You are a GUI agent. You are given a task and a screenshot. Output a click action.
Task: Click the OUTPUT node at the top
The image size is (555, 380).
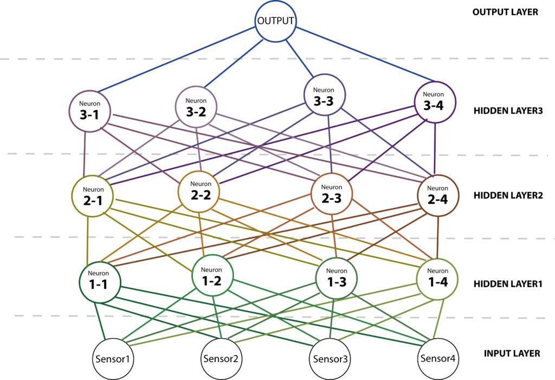pyautogui.click(x=275, y=21)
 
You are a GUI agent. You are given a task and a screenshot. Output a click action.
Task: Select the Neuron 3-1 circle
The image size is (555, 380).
pyautogui.click(x=89, y=111)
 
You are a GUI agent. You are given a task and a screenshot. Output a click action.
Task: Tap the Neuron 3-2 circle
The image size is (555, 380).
pyautogui.click(x=196, y=107)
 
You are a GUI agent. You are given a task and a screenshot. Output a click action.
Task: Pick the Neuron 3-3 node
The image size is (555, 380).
pyautogui.click(x=325, y=95)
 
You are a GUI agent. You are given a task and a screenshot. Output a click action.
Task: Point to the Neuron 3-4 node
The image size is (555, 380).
pyautogui.click(x=435, y=103)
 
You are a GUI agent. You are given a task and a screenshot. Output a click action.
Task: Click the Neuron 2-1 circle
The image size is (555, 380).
pyautogui.click(x=92, y=196)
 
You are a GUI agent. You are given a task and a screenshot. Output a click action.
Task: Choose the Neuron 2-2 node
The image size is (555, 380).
pyautogui.click(x=199, y=192)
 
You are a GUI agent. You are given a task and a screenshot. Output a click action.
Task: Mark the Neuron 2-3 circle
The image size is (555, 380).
pyautogui.click(x=332, y=194)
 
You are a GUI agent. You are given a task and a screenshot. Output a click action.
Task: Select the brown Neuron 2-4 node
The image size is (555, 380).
pyautogui.click(x=438, y=195)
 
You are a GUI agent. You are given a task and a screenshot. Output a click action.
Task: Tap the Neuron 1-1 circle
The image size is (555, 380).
pyautogui.click(x=100, y=282)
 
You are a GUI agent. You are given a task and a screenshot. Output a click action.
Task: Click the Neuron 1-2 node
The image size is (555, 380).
pyautogui.click(x=212, y=275)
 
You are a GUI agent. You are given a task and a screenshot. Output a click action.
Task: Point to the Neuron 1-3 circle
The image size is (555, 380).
pyautogui.click(x=336, y=278)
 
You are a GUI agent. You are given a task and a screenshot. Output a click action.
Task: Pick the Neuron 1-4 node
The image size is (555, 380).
pyautogui.click(x=438, y=279)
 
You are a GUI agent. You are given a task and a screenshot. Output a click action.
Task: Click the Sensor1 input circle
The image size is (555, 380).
pyautogui.click(x=113, y=359)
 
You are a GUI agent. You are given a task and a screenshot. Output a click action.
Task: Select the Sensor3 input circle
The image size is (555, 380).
pyautogui.click(x=330, y=359)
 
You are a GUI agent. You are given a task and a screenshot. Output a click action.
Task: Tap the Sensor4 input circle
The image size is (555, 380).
pyautogui.click(x=438, y=359)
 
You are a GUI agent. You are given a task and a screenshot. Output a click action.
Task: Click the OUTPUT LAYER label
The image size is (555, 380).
pyautogui.click(x=505, y=12)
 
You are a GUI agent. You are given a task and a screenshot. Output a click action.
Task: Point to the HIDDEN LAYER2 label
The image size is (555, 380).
pyautogui.click(x=508, y=195)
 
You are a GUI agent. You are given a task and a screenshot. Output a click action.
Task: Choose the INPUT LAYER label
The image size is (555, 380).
pyautogui.click(x=512, y=353)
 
